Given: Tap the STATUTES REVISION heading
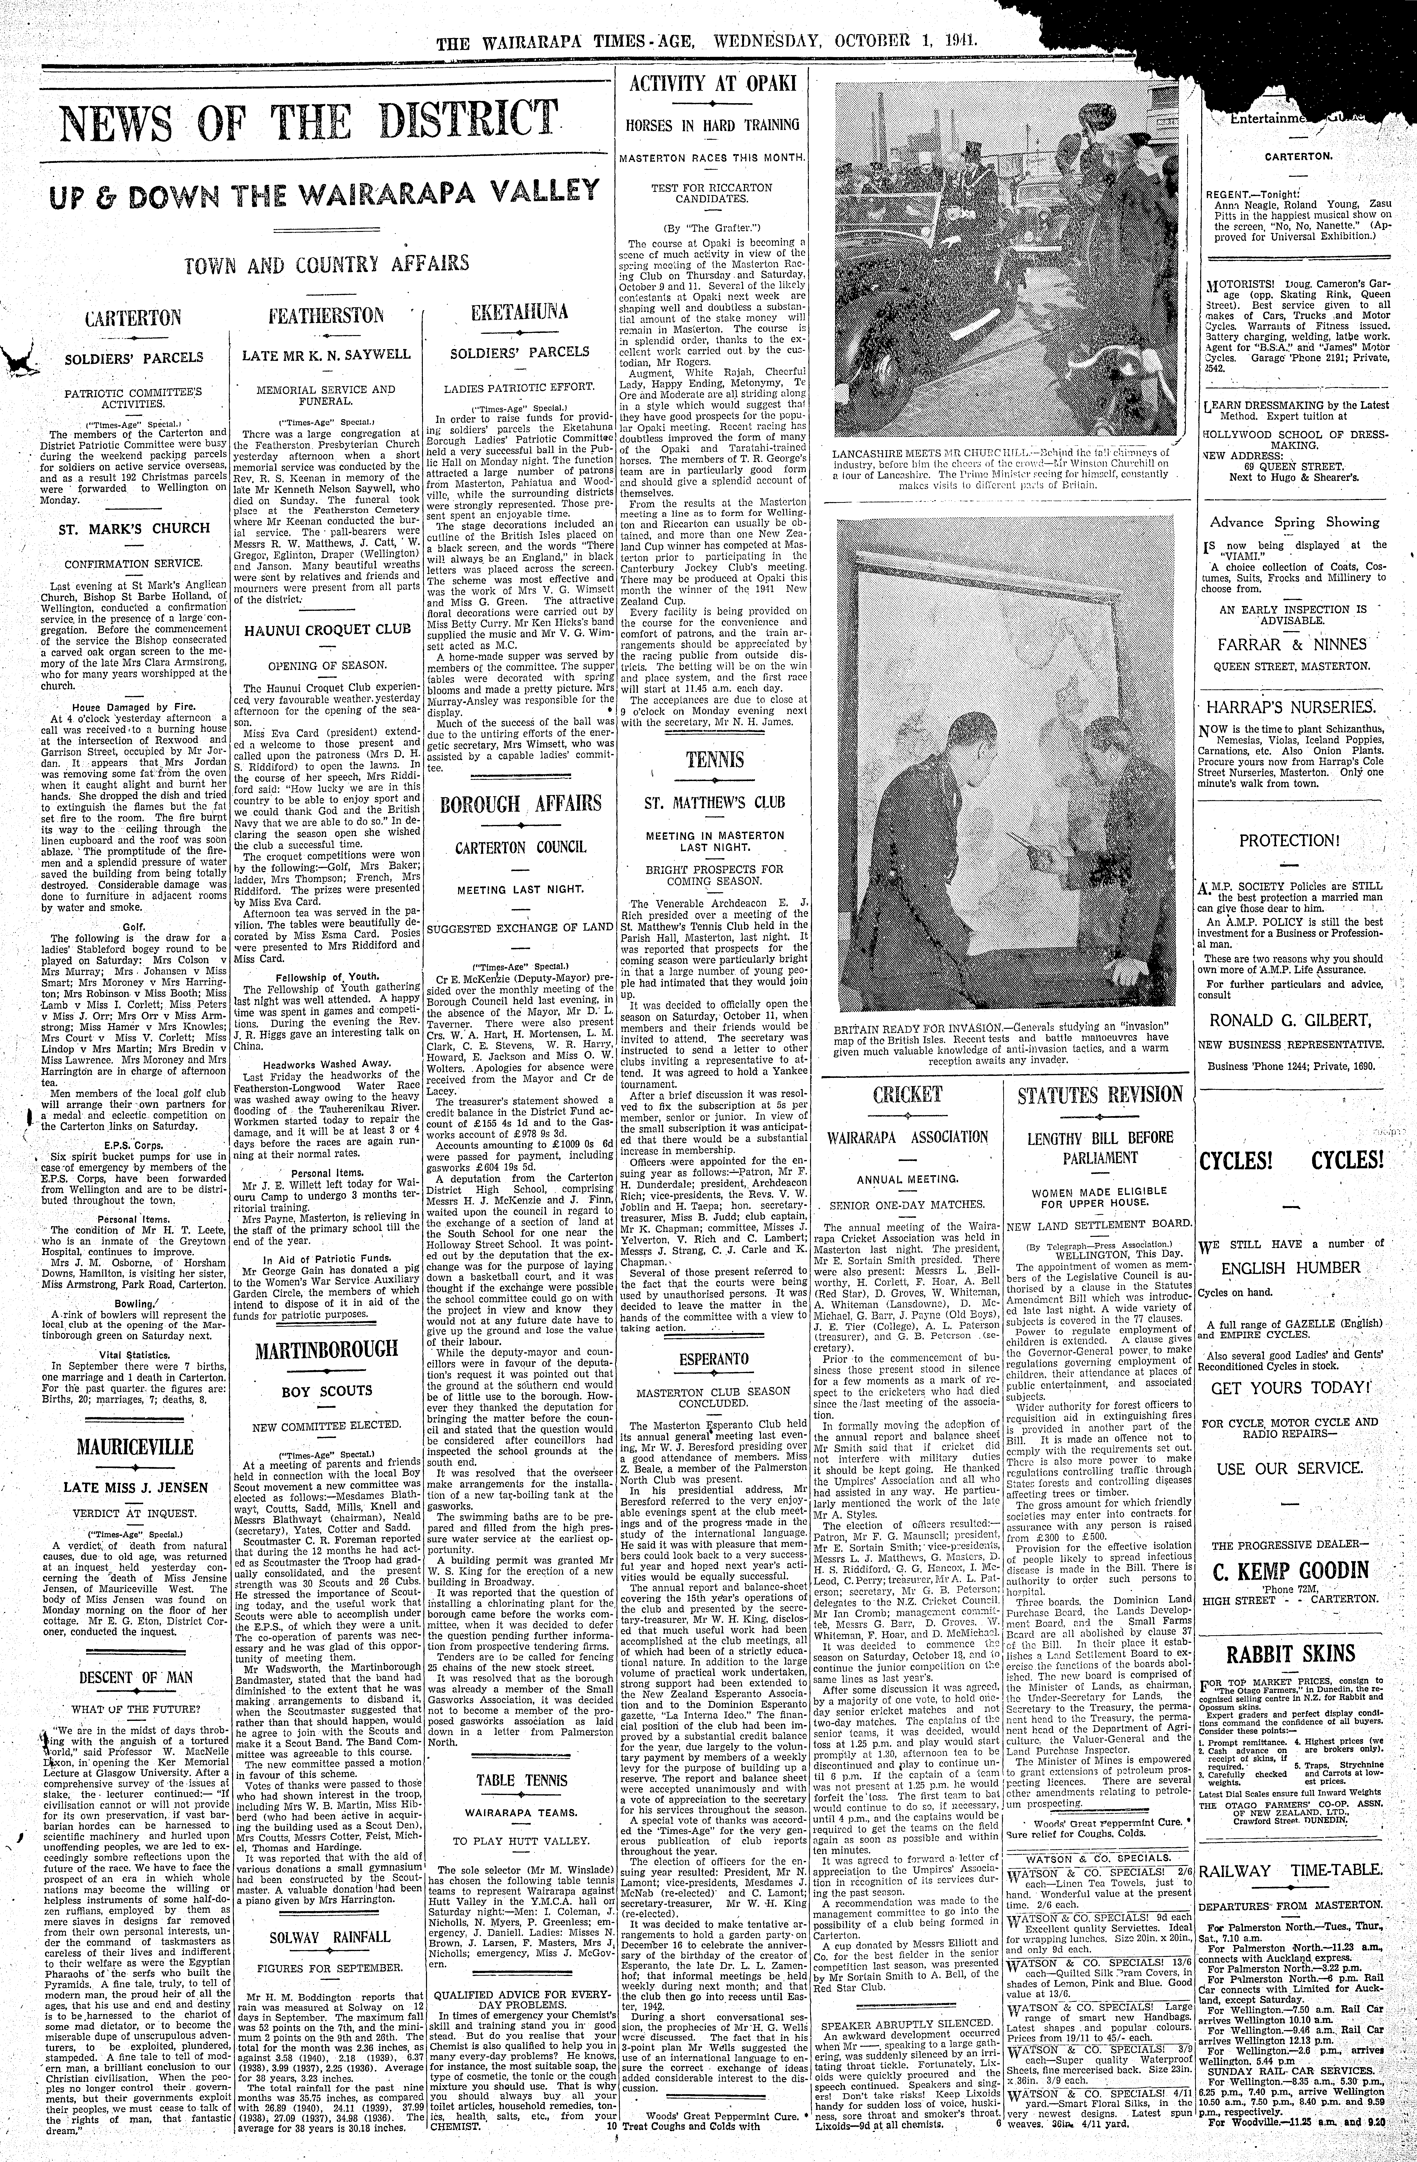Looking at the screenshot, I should pyautogui.click(x=1100, y=1095).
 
